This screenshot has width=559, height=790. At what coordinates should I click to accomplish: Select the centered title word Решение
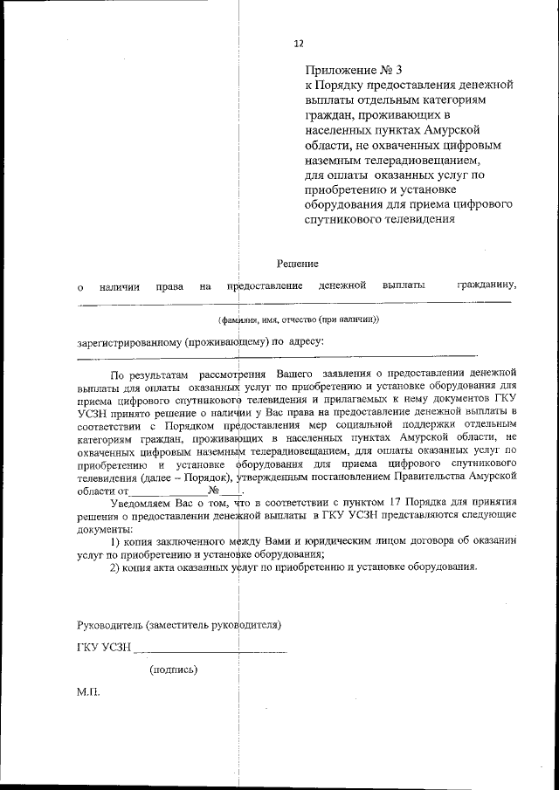tap(298, 263)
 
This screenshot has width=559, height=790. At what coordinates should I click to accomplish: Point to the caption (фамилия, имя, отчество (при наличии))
tap(298, 319)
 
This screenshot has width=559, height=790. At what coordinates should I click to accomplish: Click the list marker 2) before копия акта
tap(114, 567)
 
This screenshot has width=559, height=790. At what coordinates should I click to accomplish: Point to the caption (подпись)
tap(173, 670)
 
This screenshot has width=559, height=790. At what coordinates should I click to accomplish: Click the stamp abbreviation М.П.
tap(88, 691)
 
